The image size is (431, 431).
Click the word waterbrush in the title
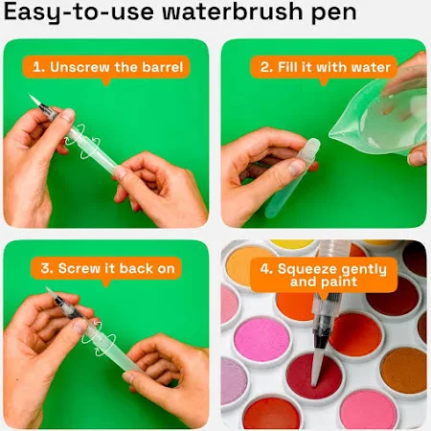click(x=232, y=11)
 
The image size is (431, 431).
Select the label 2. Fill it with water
click(x=325, y=67)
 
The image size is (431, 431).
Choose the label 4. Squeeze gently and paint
click(x=324, y=275)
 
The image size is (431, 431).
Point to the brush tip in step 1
click(x=35, y=101)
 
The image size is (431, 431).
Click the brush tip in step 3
click(x=51, y=292)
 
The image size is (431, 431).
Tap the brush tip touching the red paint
click(x=316, y=371)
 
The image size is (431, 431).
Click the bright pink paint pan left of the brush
click(x=261, y=339)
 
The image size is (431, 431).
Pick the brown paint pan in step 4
click(x=404, y=371)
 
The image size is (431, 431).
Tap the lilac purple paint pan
click(x=233, y=381)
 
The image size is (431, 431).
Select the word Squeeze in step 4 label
click(x=300, y=269)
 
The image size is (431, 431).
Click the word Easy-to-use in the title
click(x=79, y=13)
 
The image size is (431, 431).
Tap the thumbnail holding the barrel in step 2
click(x=296, y=167)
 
